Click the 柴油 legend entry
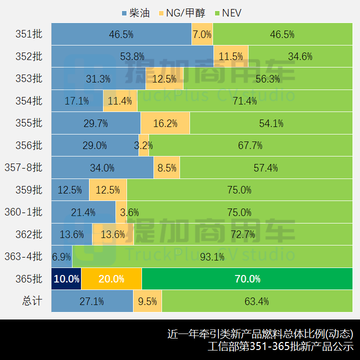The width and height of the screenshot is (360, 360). pyautogui.click(x=135, y=13)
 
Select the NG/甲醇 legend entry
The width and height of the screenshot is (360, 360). pyautogui.click(x=182, y=13)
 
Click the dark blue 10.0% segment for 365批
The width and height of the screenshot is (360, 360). pyautogui.click(x=66, y=279)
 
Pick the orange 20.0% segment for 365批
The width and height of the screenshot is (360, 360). pyautogui.click(x=111, y=279)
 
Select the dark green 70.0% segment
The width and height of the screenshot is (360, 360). pyautogui.click(x=247, y=279)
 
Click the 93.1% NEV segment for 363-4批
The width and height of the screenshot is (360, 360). pyautogui.click(x=212, y=256)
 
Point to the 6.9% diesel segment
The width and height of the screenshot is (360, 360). pyautogui.click(x=61, y=256)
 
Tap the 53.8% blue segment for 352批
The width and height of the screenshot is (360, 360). pyautogui.click(x=132, y=56)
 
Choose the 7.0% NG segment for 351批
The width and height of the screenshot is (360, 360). pyautogui.click(x=202, y=34)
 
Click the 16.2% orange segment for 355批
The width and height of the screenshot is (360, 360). pyautogui.click(x=165, y=123)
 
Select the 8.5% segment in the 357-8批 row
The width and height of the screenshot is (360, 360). pyautogui.click(x=166, y=168)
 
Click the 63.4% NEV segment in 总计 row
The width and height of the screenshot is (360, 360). pyautogui.click(x=257, y=301)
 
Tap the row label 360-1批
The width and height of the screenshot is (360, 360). pyautogui.click(x=24, y=212)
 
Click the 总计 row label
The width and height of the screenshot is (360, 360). pyautogui.click(x=32, y=301)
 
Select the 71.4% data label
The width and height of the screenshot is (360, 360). pyautogui.click(x=244, y=101)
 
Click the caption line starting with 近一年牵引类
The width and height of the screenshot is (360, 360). pyautogui.click(x=260, y=333)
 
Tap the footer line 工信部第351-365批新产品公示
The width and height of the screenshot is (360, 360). pyautogui.click(x=280, y=346)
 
